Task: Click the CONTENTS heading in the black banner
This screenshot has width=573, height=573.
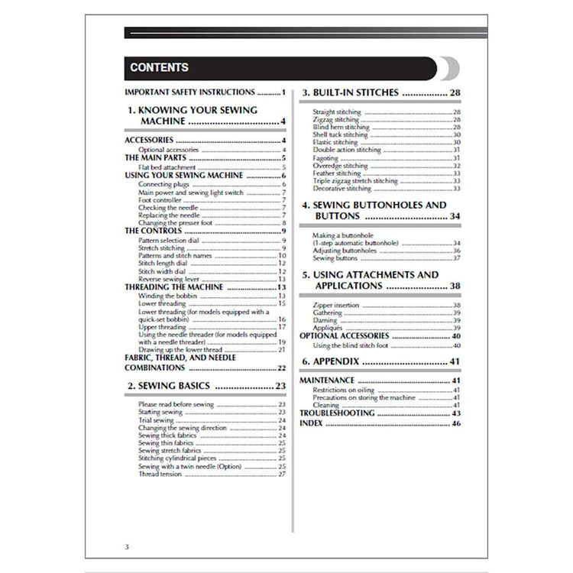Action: click(159, 68)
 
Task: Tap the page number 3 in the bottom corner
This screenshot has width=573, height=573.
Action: click(127, 546)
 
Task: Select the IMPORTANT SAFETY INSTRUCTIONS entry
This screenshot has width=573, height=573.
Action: click(190, 92)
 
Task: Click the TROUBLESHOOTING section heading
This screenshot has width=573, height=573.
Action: click(337, 413)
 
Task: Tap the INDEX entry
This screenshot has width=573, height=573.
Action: click(311, 422)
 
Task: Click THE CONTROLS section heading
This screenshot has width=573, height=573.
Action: click(153, 230)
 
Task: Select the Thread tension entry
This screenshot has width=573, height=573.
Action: click(160, 474)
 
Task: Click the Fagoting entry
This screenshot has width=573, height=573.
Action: click(326, 158)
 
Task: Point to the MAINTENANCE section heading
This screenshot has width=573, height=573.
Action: click(327, 380)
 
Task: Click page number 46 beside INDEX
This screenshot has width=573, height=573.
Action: click(456, 422)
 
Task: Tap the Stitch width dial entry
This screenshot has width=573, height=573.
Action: click(161, 271)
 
